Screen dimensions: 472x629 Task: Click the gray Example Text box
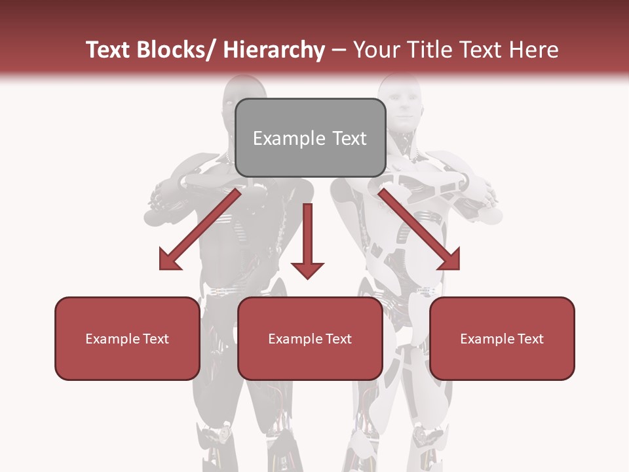click(x=310, y=138)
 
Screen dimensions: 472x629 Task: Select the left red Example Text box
click(x=127, y=338)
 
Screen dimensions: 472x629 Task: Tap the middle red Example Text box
click(x=310, y=338)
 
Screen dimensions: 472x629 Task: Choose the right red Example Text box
click(x=502, y=338)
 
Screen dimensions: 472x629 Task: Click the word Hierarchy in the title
click(x=274, y=50)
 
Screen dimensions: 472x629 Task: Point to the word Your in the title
click(x=376, y=50)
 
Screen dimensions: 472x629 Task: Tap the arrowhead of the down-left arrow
click(x=169, y=260)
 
